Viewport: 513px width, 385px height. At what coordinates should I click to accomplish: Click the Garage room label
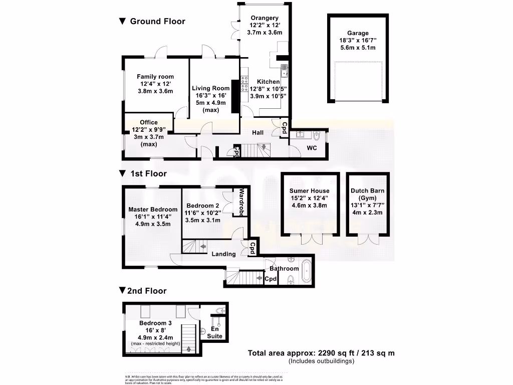click(357, 33)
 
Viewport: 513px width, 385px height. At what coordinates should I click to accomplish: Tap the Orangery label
click(265, 19)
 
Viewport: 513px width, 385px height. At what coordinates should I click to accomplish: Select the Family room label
click(155, 77)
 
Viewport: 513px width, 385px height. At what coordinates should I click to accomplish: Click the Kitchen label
click(269, 81)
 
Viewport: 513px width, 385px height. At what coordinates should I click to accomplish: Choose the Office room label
click(149, 122)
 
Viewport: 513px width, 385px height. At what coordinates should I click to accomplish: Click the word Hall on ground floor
click(258, 132)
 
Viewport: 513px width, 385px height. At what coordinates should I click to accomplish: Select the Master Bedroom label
click(153, 210)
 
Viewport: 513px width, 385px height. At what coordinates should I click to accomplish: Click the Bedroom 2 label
click(202, 206)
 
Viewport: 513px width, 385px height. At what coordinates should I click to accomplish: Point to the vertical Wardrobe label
click(241, 202)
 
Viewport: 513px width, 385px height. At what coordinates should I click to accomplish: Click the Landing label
click(223, 254)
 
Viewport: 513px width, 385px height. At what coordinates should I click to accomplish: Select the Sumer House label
click(310, 190)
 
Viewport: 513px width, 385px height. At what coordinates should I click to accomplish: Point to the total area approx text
click(321, 353)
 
